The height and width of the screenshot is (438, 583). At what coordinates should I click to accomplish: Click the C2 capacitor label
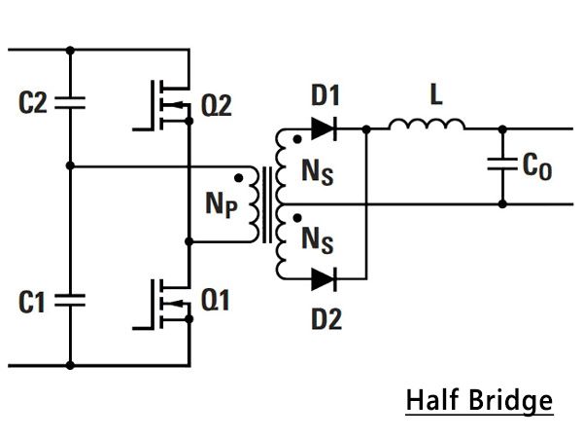pos(33,102)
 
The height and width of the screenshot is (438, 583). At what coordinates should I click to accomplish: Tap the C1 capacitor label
pos(32,302)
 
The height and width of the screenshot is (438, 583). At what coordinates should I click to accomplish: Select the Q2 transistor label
pos(216,105)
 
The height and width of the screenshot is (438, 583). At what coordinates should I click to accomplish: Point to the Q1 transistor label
pos(215,300)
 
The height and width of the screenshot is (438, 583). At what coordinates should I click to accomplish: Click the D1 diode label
pos(326,95)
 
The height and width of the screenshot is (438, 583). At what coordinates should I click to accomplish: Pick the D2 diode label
pos(326,319)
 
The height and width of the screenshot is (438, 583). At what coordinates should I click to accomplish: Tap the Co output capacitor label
pos(537,166)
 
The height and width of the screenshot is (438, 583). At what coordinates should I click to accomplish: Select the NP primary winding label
pos(222,205)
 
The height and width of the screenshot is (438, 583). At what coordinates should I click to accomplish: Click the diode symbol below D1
pos(324,128)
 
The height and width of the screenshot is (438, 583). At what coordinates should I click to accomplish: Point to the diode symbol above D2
pos(324,279)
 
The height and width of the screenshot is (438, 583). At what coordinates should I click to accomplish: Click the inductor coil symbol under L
pos(427,125)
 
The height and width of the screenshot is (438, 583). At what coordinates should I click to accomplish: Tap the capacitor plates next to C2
pos(70,103)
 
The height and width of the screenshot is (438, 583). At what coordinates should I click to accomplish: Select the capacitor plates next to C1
pos(70,300)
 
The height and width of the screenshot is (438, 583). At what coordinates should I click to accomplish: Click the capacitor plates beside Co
pos(502,164)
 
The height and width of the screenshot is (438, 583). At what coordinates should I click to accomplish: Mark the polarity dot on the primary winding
pos(239,178)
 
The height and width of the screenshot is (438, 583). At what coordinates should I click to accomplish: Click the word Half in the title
pos(432,400)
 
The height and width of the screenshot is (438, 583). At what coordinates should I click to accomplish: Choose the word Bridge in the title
pos(511,402)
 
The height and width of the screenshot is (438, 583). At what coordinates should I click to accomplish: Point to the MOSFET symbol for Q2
pos(163,105)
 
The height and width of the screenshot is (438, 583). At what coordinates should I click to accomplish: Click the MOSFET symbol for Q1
pos(163,304)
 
